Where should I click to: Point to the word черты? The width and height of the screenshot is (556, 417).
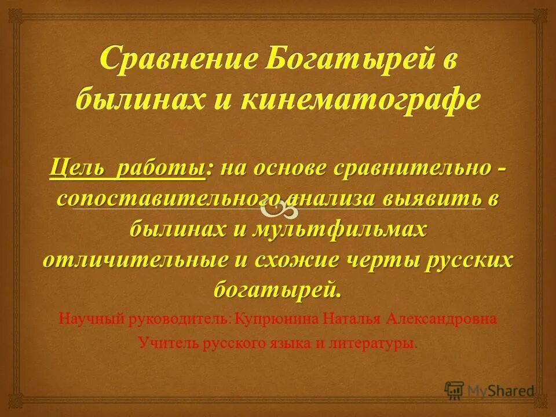tap(387, 259)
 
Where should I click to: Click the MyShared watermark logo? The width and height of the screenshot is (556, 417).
tap(489, 390)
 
